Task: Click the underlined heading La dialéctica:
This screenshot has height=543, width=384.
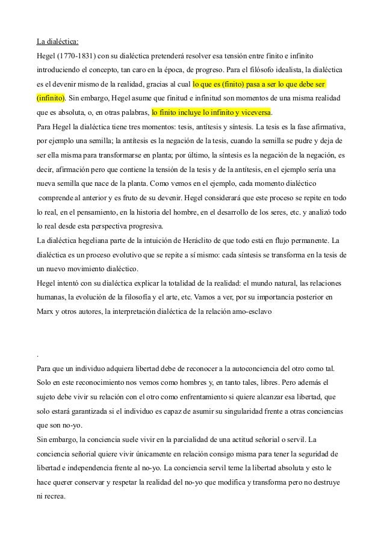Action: point(57,42)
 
